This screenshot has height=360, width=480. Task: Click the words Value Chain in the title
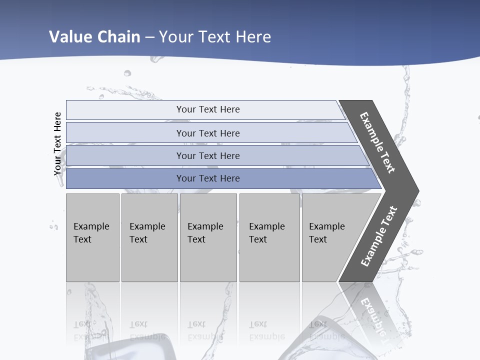(x=94, y=37)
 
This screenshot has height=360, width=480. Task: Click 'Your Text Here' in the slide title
(x=215, y=37)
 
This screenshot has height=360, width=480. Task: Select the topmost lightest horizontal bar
(x=207, y=109)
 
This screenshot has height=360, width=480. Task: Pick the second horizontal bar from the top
(x=207, y=133)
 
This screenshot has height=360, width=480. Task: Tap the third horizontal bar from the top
(x=207, y=155)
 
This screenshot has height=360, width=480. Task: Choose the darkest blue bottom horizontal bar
(x=207, y=178)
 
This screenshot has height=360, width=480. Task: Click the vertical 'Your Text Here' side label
(x=58, y=143)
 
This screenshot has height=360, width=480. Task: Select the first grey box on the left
(x=92, y=237)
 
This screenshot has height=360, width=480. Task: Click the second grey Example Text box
(x=149, y=237)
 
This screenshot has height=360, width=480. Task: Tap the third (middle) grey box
(x=208, y=237)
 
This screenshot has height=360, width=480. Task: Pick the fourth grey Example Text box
(x=269, y=237)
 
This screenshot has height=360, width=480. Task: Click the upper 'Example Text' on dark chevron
(x=377, y=142)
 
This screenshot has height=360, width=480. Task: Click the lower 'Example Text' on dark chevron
(x=379, y=236)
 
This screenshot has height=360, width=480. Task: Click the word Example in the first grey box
(x=91, y=226)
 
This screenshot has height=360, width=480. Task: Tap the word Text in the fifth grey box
(x=318, y=239)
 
